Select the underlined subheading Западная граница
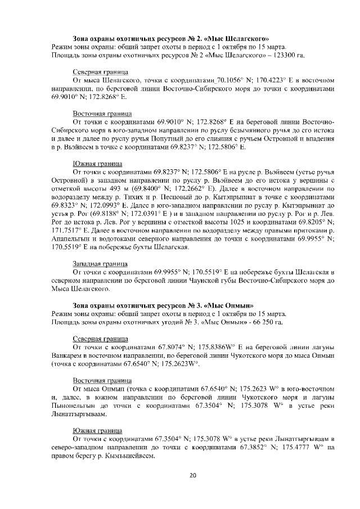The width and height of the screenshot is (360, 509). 100,263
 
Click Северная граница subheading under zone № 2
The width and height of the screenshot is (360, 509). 100,73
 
